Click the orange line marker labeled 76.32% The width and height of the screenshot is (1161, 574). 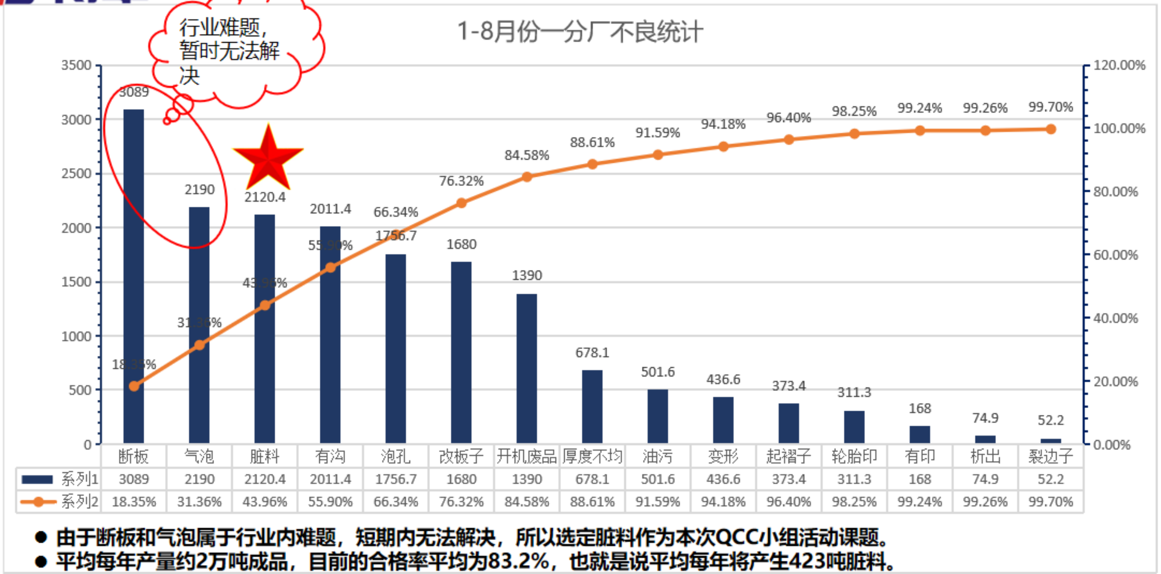(x=461, y=203)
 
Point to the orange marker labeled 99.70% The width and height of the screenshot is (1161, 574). (x=1051, y=129)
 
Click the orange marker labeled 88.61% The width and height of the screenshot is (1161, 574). (x=592, y=164)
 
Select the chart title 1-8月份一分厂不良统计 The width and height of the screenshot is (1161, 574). (x=580, y=32)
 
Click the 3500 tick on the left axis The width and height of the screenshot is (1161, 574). (x=76, y=65)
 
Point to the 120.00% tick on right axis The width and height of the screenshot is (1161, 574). (x=1119, y=65)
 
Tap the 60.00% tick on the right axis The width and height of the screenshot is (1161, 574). (x=1115, y=255)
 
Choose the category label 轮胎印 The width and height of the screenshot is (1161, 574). (x=854, y=456)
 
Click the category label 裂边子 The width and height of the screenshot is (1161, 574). (x=1050, y=456)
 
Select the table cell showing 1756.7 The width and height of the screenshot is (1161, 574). (x=395, y=479)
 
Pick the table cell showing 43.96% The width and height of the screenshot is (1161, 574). (x=265, y=502)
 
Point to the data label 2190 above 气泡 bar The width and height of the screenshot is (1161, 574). (x=200, y=190)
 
